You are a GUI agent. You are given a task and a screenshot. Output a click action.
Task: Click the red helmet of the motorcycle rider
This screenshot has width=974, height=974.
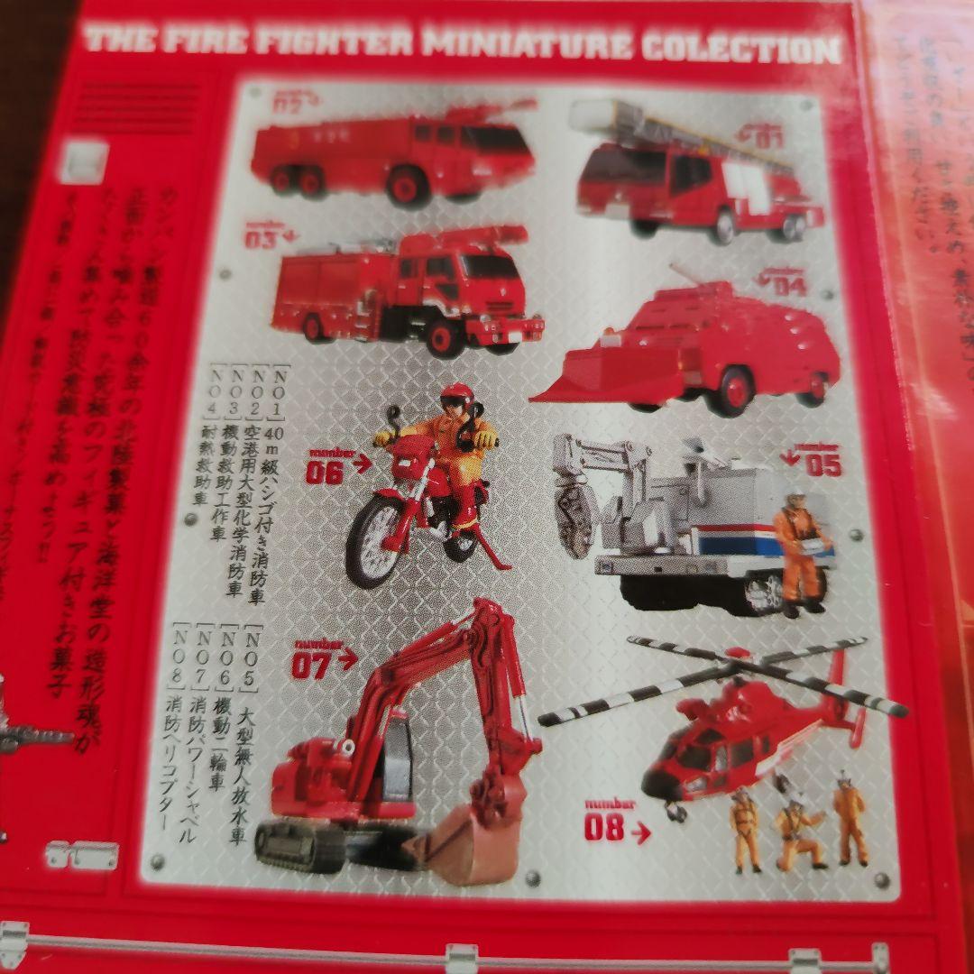pyautogui.click(x=457, y=396)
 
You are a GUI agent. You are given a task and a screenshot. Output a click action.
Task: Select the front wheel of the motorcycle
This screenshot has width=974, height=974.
pyautogui.click(x=375, y=540)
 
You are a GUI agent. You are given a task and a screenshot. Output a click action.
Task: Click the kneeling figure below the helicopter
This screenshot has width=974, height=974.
pyautogui.click(x=798, y=830)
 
